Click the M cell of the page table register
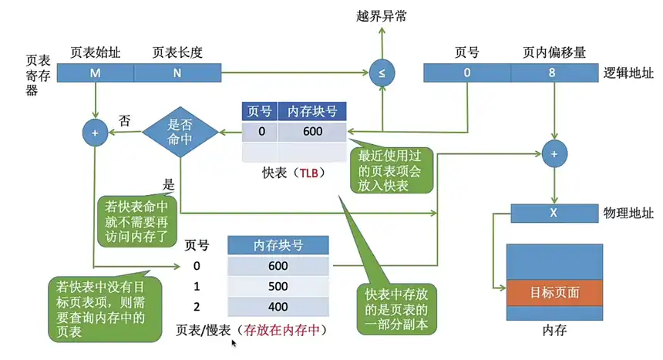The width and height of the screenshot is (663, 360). coord(95,72)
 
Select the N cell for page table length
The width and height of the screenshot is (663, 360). coord(177,72)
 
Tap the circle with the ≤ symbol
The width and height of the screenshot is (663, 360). coord(382,73)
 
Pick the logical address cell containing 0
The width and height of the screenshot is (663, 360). coord(466,73)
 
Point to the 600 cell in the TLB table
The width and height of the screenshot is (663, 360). coord(312,132)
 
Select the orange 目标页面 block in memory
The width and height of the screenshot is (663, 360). coord(554,293)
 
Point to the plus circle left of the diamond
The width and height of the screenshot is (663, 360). coord(95,133)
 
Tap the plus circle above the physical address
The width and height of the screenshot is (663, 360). coord(554,153)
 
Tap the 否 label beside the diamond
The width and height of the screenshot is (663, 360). coord(123,120)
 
